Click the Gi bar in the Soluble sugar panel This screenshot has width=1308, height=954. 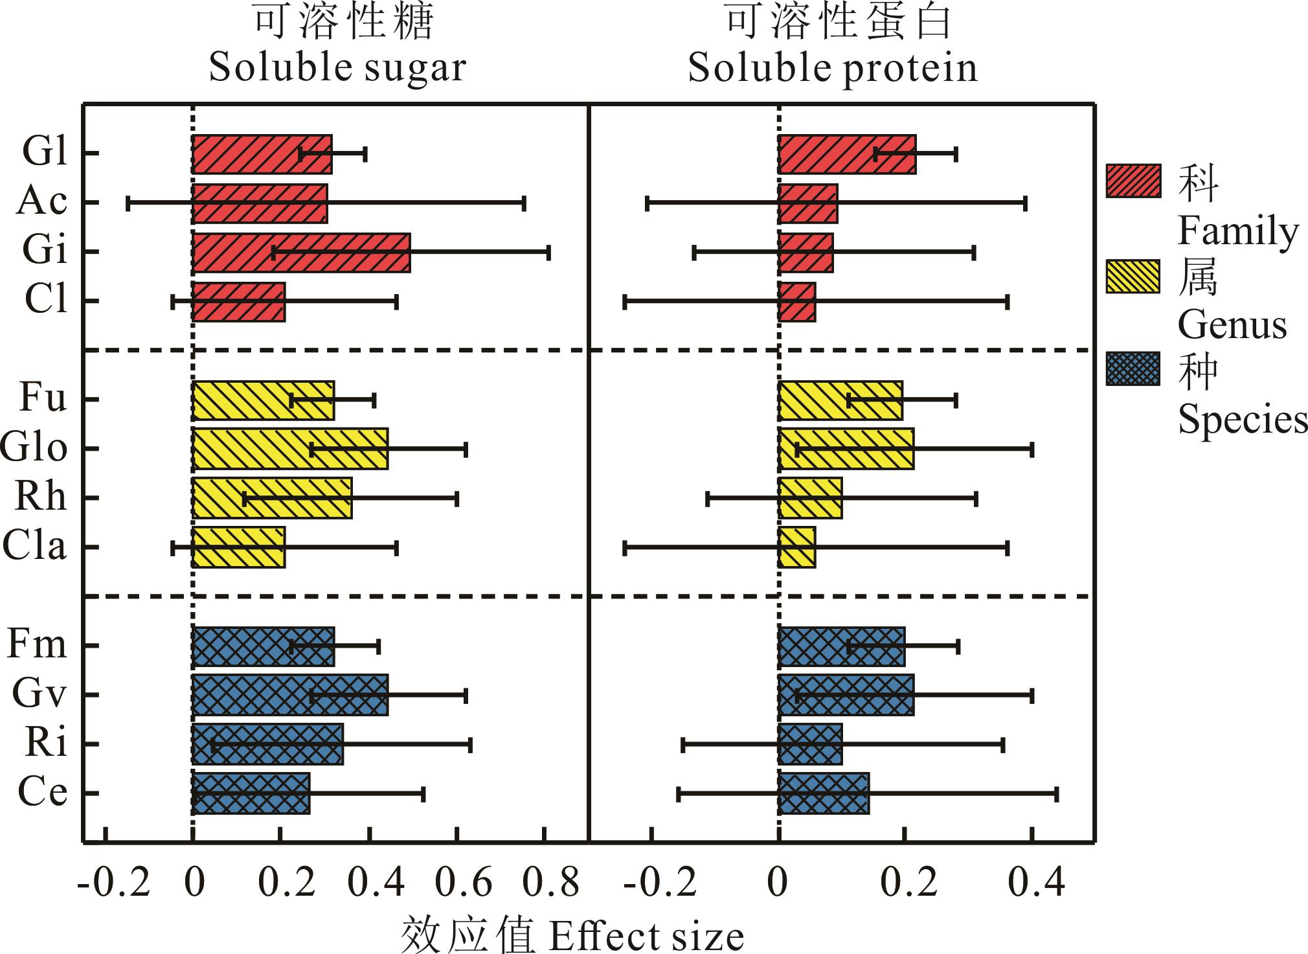[x=300, y=253]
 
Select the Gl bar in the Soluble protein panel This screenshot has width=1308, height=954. [x=846, y=154]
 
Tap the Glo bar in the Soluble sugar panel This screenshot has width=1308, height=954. [x=289, y=448]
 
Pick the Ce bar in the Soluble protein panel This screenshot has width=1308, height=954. [x=823, y=793]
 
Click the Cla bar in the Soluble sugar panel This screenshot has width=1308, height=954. [x=238, y=547]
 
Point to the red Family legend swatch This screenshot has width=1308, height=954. [x=1133, y=181]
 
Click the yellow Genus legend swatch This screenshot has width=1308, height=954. [x=1133, y=277]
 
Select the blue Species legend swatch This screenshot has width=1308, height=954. [x=1133, y=369]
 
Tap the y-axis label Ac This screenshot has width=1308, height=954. [x=41, y=201]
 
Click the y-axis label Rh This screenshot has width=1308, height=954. [x=40, y=497]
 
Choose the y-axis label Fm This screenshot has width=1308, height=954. [x=37, y=645]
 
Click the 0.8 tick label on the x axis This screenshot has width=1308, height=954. [x=550, y=882]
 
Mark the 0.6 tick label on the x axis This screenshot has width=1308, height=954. [x=462, y=882]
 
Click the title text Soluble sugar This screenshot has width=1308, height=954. [x=337, y=67]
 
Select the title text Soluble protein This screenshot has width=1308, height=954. [x=832, y=67]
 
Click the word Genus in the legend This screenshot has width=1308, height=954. [x=1232, y=325]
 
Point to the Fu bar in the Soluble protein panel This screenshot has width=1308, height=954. [x=840, y=400]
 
